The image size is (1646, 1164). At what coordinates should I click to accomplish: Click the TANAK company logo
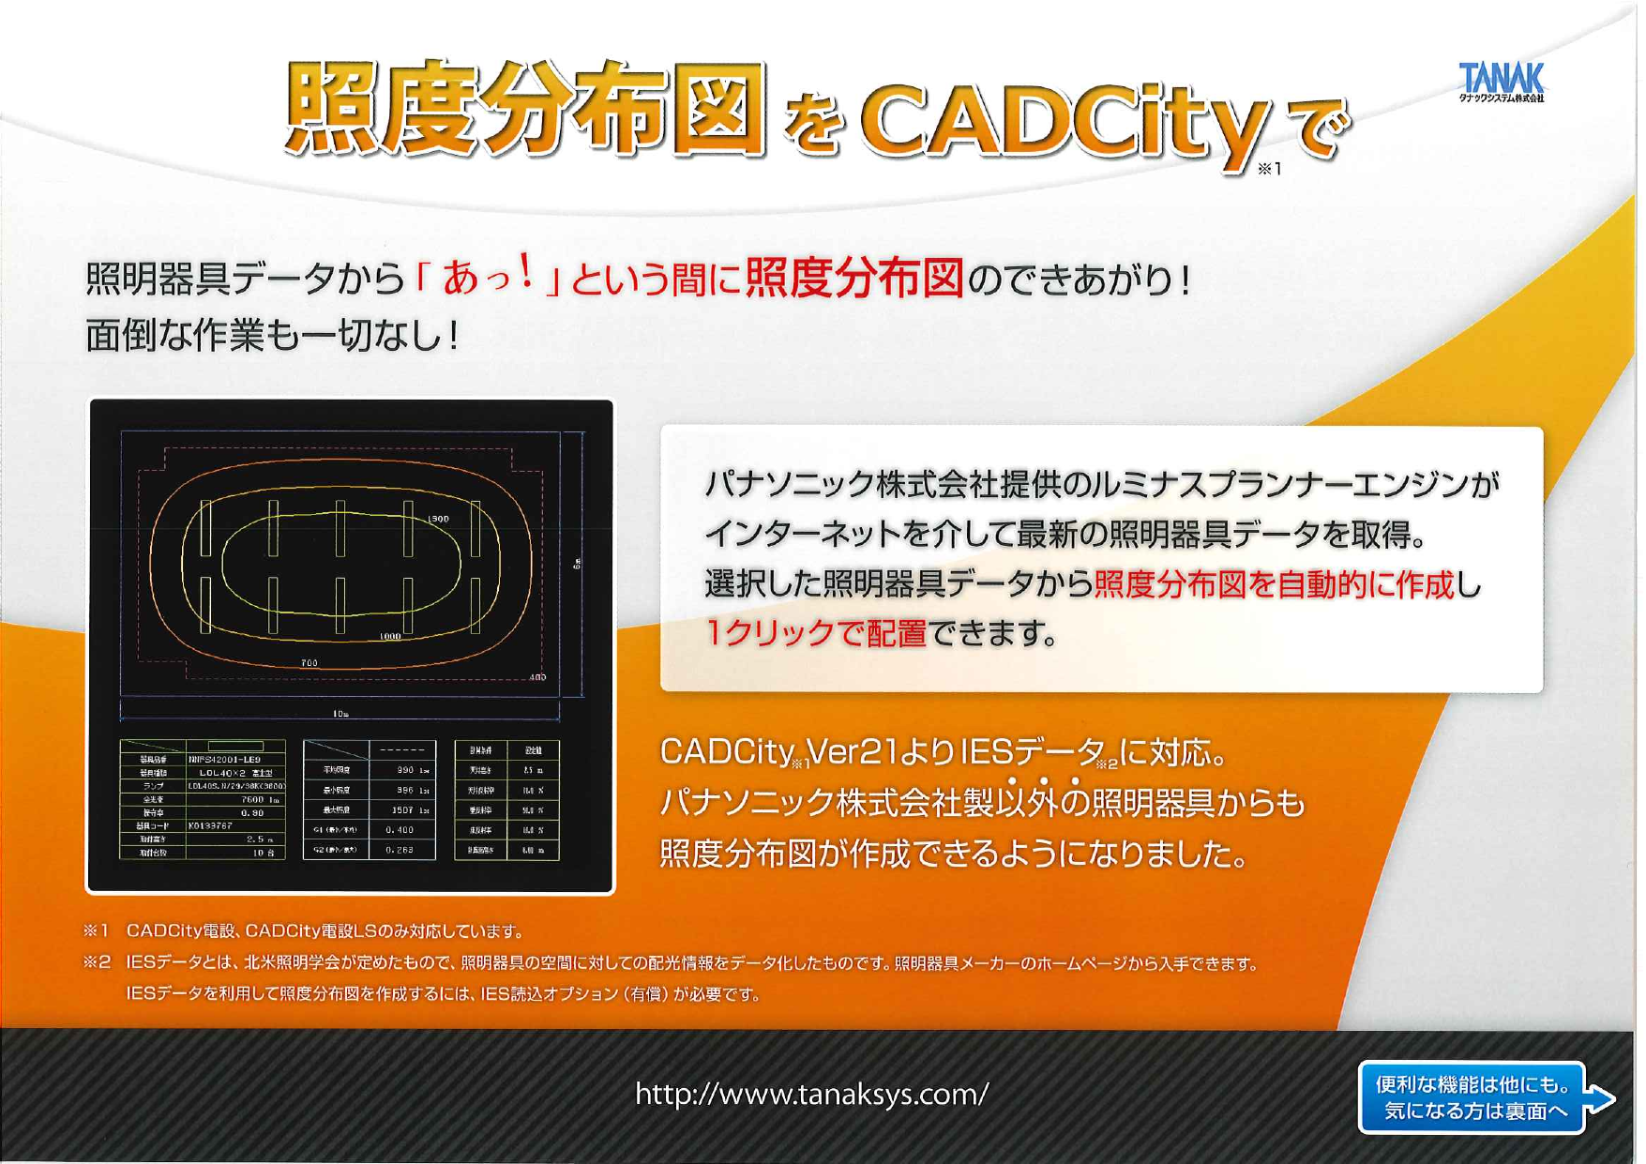(x=1501, y=81)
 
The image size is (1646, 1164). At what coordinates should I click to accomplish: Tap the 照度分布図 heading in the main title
(x=525, y=108)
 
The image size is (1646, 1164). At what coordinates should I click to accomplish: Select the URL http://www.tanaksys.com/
(x=811, y=1094)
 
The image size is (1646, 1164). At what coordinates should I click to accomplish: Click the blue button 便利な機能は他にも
(x=1472, y=1097)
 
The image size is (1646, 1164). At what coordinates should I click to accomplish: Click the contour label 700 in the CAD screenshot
(x=309, y=663)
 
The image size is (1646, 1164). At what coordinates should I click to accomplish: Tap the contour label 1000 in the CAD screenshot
(x=390, y=636)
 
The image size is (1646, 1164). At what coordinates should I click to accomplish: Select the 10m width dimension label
(x=340, y=714)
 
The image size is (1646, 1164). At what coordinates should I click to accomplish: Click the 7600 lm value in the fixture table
(x=259, y=800)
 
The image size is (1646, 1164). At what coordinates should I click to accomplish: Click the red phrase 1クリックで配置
(x=815, y=634)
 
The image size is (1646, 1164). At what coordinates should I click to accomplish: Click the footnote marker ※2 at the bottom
(x=97, y=962)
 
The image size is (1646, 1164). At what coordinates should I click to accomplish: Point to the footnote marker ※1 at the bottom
(x=97, y=930)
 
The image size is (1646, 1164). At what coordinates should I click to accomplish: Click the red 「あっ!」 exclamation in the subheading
(x=488, y=279)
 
